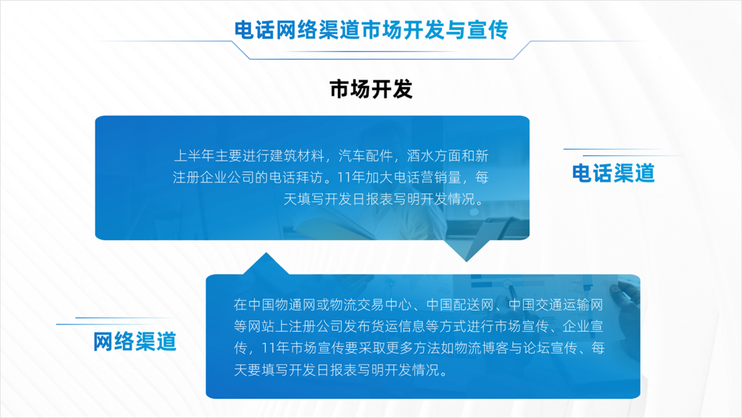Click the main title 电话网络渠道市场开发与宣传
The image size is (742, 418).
point(371,30)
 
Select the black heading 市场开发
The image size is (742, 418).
point(371,89)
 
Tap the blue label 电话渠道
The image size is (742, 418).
point(613,173)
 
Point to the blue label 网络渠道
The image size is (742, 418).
point(135,341)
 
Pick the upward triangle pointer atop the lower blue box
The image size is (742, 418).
point(266,264)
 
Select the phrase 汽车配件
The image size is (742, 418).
point(366,156)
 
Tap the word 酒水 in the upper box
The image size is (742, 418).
point(420,156)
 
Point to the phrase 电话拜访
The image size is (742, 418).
point(296,178)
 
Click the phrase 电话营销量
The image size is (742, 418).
point(427,178)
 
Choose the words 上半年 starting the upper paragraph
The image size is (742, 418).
point(194,156)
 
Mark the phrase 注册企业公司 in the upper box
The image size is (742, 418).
point(214,178)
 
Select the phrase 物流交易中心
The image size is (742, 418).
point(370,305)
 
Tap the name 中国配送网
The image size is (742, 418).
point(460,305)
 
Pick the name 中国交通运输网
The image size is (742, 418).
point(556,305)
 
